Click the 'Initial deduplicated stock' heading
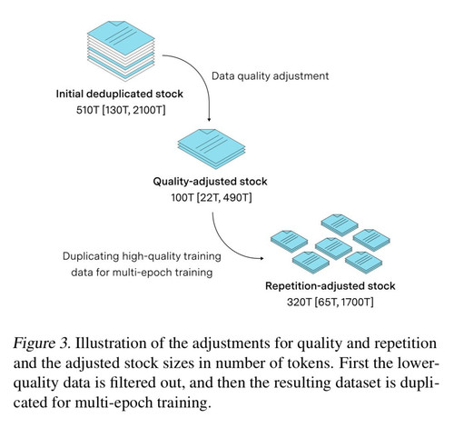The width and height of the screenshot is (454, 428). pyautogui.click(x=120, y=94)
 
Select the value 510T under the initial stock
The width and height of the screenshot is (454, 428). pyautogui.click(x=87, y=110)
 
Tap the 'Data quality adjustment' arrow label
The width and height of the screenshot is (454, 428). pyautogui.click(x=270, y=75)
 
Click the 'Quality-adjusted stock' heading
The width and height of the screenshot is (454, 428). pyautogui.click(x=210, y=182)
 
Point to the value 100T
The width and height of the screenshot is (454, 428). pyautogui.click(x=183, y=198)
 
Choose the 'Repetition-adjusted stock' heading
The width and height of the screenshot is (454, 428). pyautogui.click(x=331, y=286)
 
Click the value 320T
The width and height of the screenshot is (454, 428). pyautogui.click(x=299, y=303)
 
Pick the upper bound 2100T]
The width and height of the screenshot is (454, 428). pyautogui.click(x=149, y=110)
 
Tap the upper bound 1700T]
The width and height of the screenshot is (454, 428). pyautogui.click(x=357, y=303)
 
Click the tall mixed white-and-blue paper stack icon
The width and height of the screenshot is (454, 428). pyautogui.click(x=121, y=51)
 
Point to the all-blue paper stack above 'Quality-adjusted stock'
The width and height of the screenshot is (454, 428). pyautogui.click(x=212, y=149)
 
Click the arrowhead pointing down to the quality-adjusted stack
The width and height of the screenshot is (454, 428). pyautogui.click(x=209, y=119)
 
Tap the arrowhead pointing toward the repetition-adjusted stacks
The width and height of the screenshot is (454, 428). pyautogui.click(x=262, y=258)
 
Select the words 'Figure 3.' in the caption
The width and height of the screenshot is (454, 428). pyautogui.click(x=42, y=343)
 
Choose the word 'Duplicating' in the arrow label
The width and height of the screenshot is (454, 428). pyautogui.click(x=91, y=256)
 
